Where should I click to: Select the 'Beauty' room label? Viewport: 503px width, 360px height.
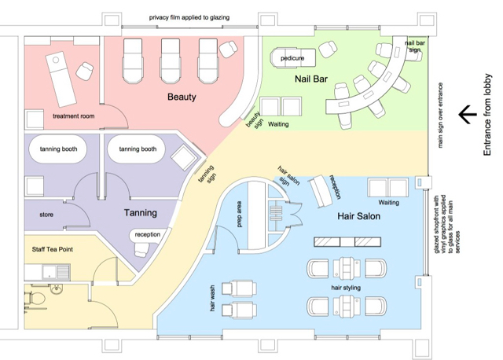(x=181, y=97)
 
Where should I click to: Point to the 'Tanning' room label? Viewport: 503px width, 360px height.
(x=140, y=212)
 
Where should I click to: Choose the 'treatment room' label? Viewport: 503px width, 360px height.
(x=73, y=116)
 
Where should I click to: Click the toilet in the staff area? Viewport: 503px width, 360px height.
(x=57, y=289)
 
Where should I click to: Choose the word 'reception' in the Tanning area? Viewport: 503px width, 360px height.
(x=147, y=234)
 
